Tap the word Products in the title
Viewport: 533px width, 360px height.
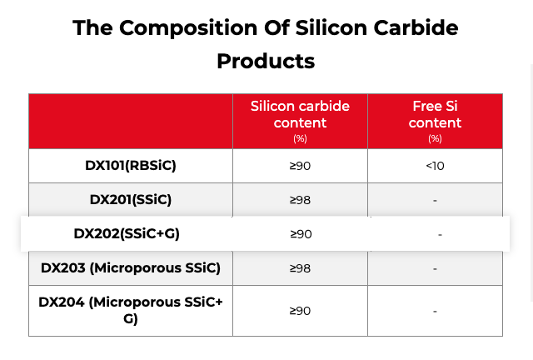click(x=266, y=61)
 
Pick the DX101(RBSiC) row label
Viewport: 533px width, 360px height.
click(x=131, y=165)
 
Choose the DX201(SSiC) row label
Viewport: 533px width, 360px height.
click(x=131, y=200)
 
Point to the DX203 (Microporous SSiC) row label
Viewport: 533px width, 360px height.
click(x=131, y=268)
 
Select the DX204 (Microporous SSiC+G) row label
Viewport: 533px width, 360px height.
click(x=131, y=310)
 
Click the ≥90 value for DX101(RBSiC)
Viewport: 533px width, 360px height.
click(x=300, y=166)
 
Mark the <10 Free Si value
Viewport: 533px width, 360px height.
click(x=435, y=166)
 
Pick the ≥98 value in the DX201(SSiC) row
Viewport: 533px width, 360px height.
click(x=300, y=200)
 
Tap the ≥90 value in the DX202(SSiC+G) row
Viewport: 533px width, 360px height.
click(x=300, y=234)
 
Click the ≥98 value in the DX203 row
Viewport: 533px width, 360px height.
click(x=300, y=268)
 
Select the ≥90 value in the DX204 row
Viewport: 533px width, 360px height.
click(x=300, y=311)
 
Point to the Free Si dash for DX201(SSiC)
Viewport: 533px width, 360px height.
click(x=435, y=201)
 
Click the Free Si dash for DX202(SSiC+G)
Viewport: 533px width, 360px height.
click(x=440, y=235)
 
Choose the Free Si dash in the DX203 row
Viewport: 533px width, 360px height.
click(x=435, y=269)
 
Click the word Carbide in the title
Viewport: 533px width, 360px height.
click(x=413, y=27)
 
